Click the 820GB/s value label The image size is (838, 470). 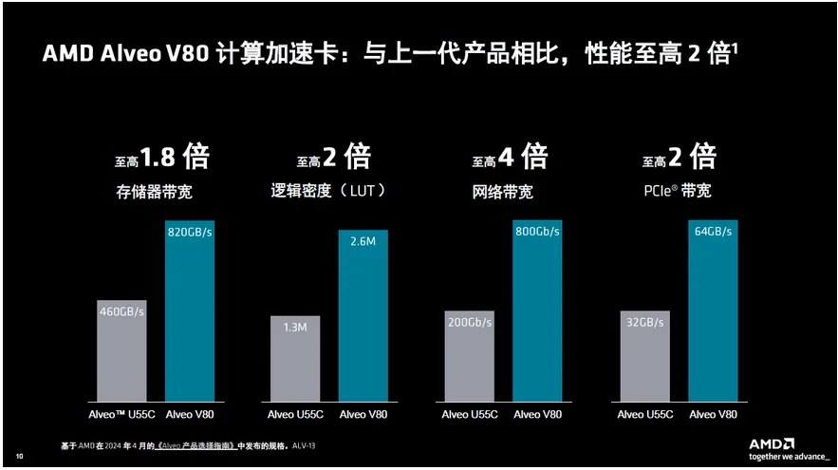(x=190, y=232)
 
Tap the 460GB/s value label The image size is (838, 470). (x=121, y=311)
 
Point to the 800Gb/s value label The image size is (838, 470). (x=537, y=232)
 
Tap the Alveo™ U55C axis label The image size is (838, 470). (x=121, y=414)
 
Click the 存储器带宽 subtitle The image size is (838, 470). (x=154, y=192)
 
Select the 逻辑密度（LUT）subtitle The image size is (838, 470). (x=329, y=192)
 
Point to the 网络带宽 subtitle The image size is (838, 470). (x=502, y=192)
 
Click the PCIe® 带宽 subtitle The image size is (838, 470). (x=677, y=192)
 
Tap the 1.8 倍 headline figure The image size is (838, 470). (x=175, y=156)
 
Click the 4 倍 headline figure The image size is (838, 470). (x=521, y=156)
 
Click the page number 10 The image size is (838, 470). (x=20, y=458)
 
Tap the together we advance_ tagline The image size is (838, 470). (x=783, y=457)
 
